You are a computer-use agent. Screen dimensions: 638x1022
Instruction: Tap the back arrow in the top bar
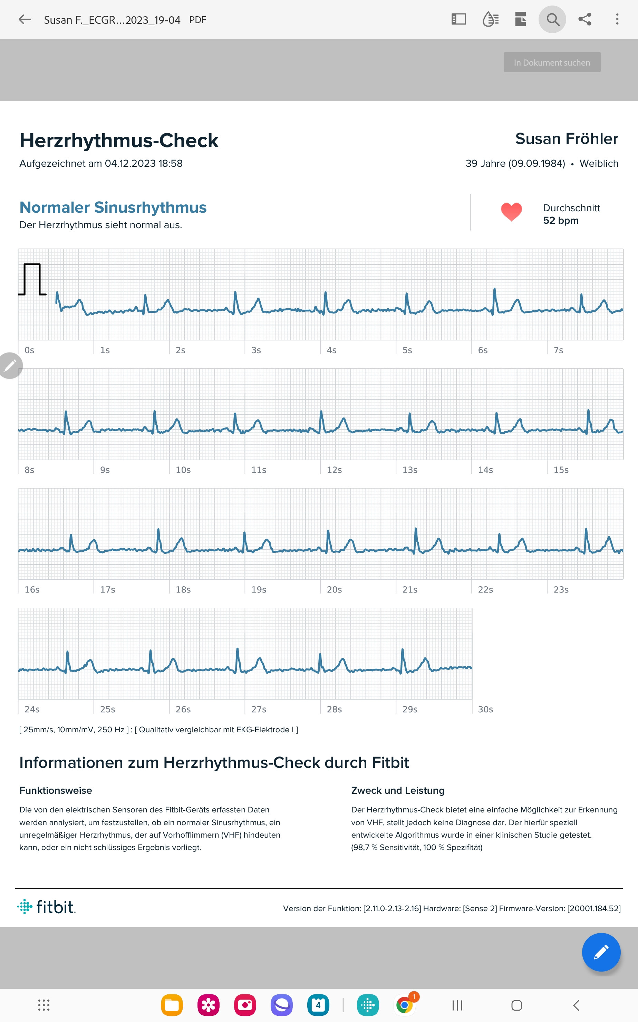coord(25,19)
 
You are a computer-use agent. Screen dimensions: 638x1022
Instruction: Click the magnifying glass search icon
coord(552,19)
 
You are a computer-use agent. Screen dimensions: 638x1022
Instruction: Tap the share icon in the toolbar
coord(584,19)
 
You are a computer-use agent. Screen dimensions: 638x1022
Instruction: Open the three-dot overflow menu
coord(617,19)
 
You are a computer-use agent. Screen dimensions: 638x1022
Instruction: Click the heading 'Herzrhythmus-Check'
coord(119,141)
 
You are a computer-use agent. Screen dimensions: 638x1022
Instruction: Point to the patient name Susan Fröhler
coord(567,139)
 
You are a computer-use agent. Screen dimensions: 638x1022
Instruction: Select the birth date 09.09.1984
coord(537,164)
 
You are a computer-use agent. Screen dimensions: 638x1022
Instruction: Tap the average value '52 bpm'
coord(560,221)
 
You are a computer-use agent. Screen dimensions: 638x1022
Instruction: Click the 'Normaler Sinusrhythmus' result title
coord(113,208)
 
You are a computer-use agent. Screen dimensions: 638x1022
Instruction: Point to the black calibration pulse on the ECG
coord(32,279)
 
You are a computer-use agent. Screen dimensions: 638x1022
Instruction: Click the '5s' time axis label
coord(407,350)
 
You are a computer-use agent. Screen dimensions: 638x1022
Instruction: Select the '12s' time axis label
coord(334,470)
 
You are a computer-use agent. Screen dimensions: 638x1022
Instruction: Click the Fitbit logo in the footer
coord(46,907)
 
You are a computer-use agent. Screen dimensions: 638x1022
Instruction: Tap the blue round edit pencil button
coord(601,952)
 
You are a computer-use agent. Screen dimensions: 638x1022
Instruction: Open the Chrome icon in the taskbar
coord(405,1005)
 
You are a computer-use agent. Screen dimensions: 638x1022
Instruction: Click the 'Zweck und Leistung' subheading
coord(398,791)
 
